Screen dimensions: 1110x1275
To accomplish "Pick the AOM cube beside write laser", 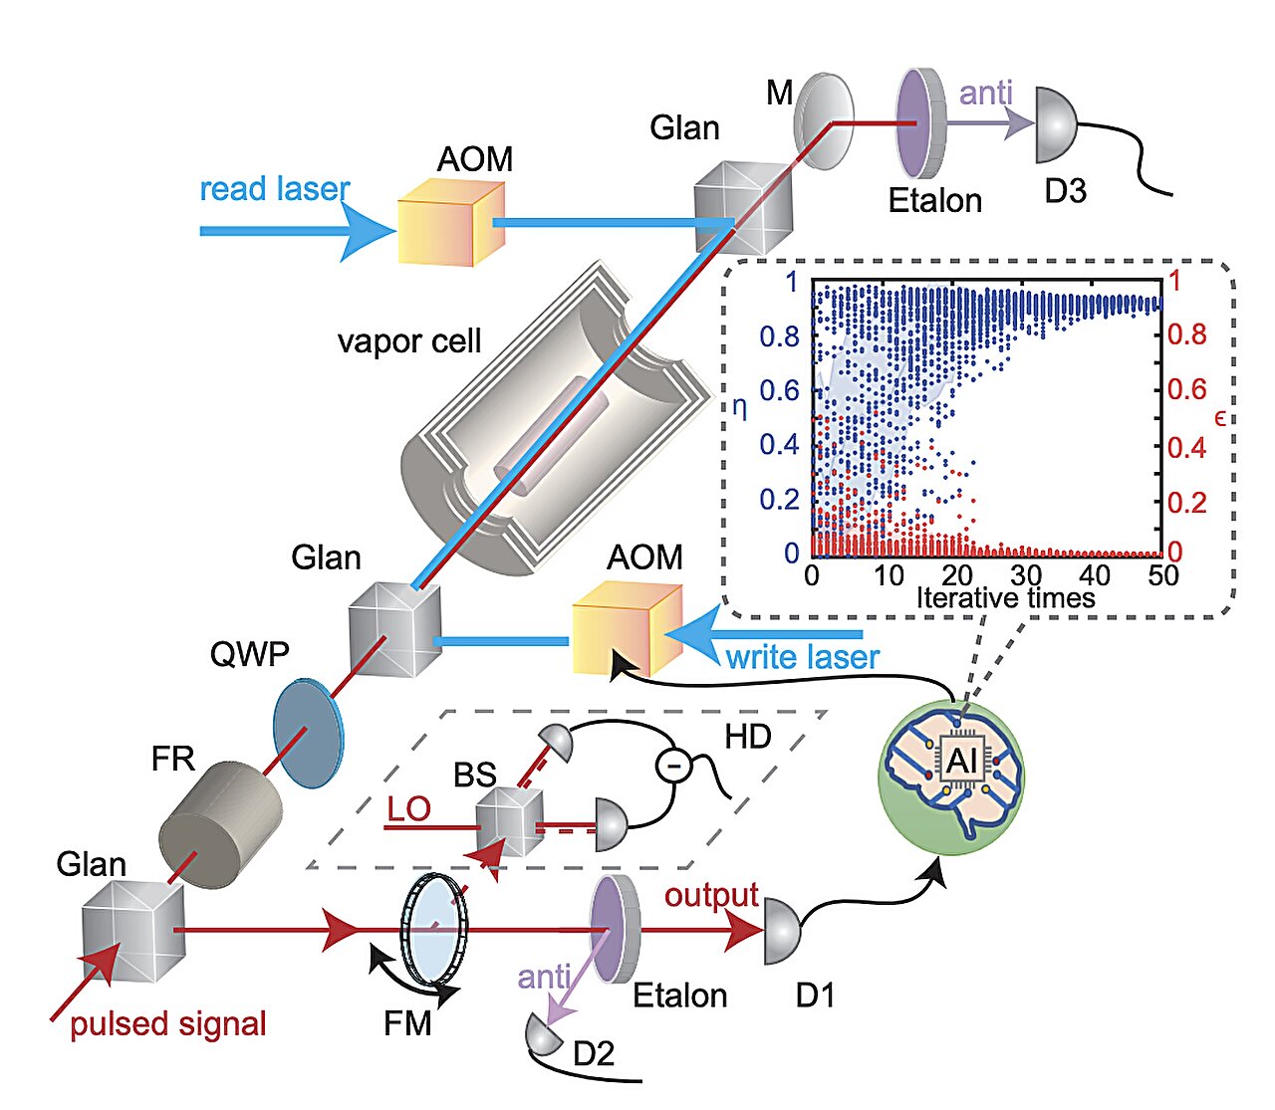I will pyautogui.click(x=626, y=627).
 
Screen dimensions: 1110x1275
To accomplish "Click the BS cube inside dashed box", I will pyautogui.click(x=509, y=822).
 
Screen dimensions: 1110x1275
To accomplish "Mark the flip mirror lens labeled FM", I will pyautogui.click(x=433, y=929).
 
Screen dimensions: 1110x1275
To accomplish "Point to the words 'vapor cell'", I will pyautogui.click(x=408, y=341).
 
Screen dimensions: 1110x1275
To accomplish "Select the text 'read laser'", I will pyautogui.click(x=274, y=189).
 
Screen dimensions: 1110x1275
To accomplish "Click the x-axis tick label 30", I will pyautogui.click(x=1026, y=574).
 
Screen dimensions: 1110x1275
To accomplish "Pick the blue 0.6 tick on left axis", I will pyautogui.click(x=779, y=390).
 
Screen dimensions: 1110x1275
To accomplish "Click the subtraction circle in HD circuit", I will pyautogui.click(x=673, y=765).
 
